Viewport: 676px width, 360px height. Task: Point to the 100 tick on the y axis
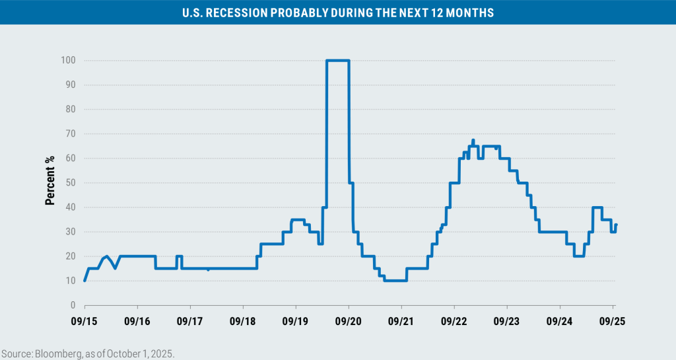[x=69, y=60]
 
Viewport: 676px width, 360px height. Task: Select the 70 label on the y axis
[x=71, y=134]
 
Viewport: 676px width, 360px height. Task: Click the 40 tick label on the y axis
[x=71, y=207]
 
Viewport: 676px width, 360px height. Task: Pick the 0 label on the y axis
[x=73, y=305]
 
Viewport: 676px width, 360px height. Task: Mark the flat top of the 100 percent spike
[x=337, y=61]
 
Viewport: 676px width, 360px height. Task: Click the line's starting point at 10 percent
[x=85, y=280]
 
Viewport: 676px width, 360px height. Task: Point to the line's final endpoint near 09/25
[x=616, y=225]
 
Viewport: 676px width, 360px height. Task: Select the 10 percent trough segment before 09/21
[x=395, y=280]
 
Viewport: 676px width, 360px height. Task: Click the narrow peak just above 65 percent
[x=473, y=140]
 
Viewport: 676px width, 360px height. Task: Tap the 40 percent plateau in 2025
[x=597, y=207]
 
